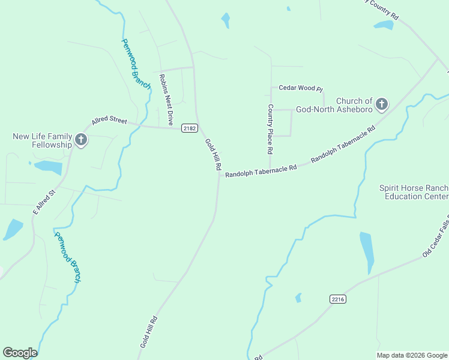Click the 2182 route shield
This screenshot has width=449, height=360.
point(189,128)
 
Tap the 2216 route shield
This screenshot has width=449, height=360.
point(338,298)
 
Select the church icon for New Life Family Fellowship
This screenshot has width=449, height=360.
point(81,141)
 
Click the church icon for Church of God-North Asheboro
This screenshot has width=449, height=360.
point(381,105)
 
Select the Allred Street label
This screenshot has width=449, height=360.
point(109,121)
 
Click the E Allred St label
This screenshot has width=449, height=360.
point(44,202)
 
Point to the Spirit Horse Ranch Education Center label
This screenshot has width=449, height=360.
point(413,192)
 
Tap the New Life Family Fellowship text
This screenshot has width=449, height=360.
point(42,140)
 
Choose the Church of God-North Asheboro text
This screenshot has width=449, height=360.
point(354,105)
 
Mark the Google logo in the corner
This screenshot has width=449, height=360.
point(20,353)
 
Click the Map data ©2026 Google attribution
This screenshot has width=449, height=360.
point(412,355)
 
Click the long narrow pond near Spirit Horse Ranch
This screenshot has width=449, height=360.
point(367,251)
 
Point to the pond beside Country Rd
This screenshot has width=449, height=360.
point(383,25)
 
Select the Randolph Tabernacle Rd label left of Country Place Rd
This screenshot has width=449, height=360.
point(261,171)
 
